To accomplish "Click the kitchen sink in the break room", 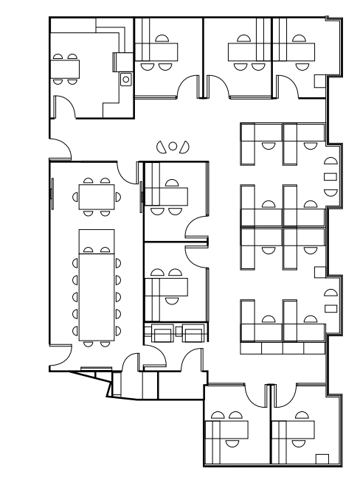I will [125, 78].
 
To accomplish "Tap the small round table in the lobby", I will [173, 146].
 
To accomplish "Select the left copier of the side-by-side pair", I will [162, 334].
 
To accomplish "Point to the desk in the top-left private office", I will [156, 52].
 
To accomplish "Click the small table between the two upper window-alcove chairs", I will [330, 176].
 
